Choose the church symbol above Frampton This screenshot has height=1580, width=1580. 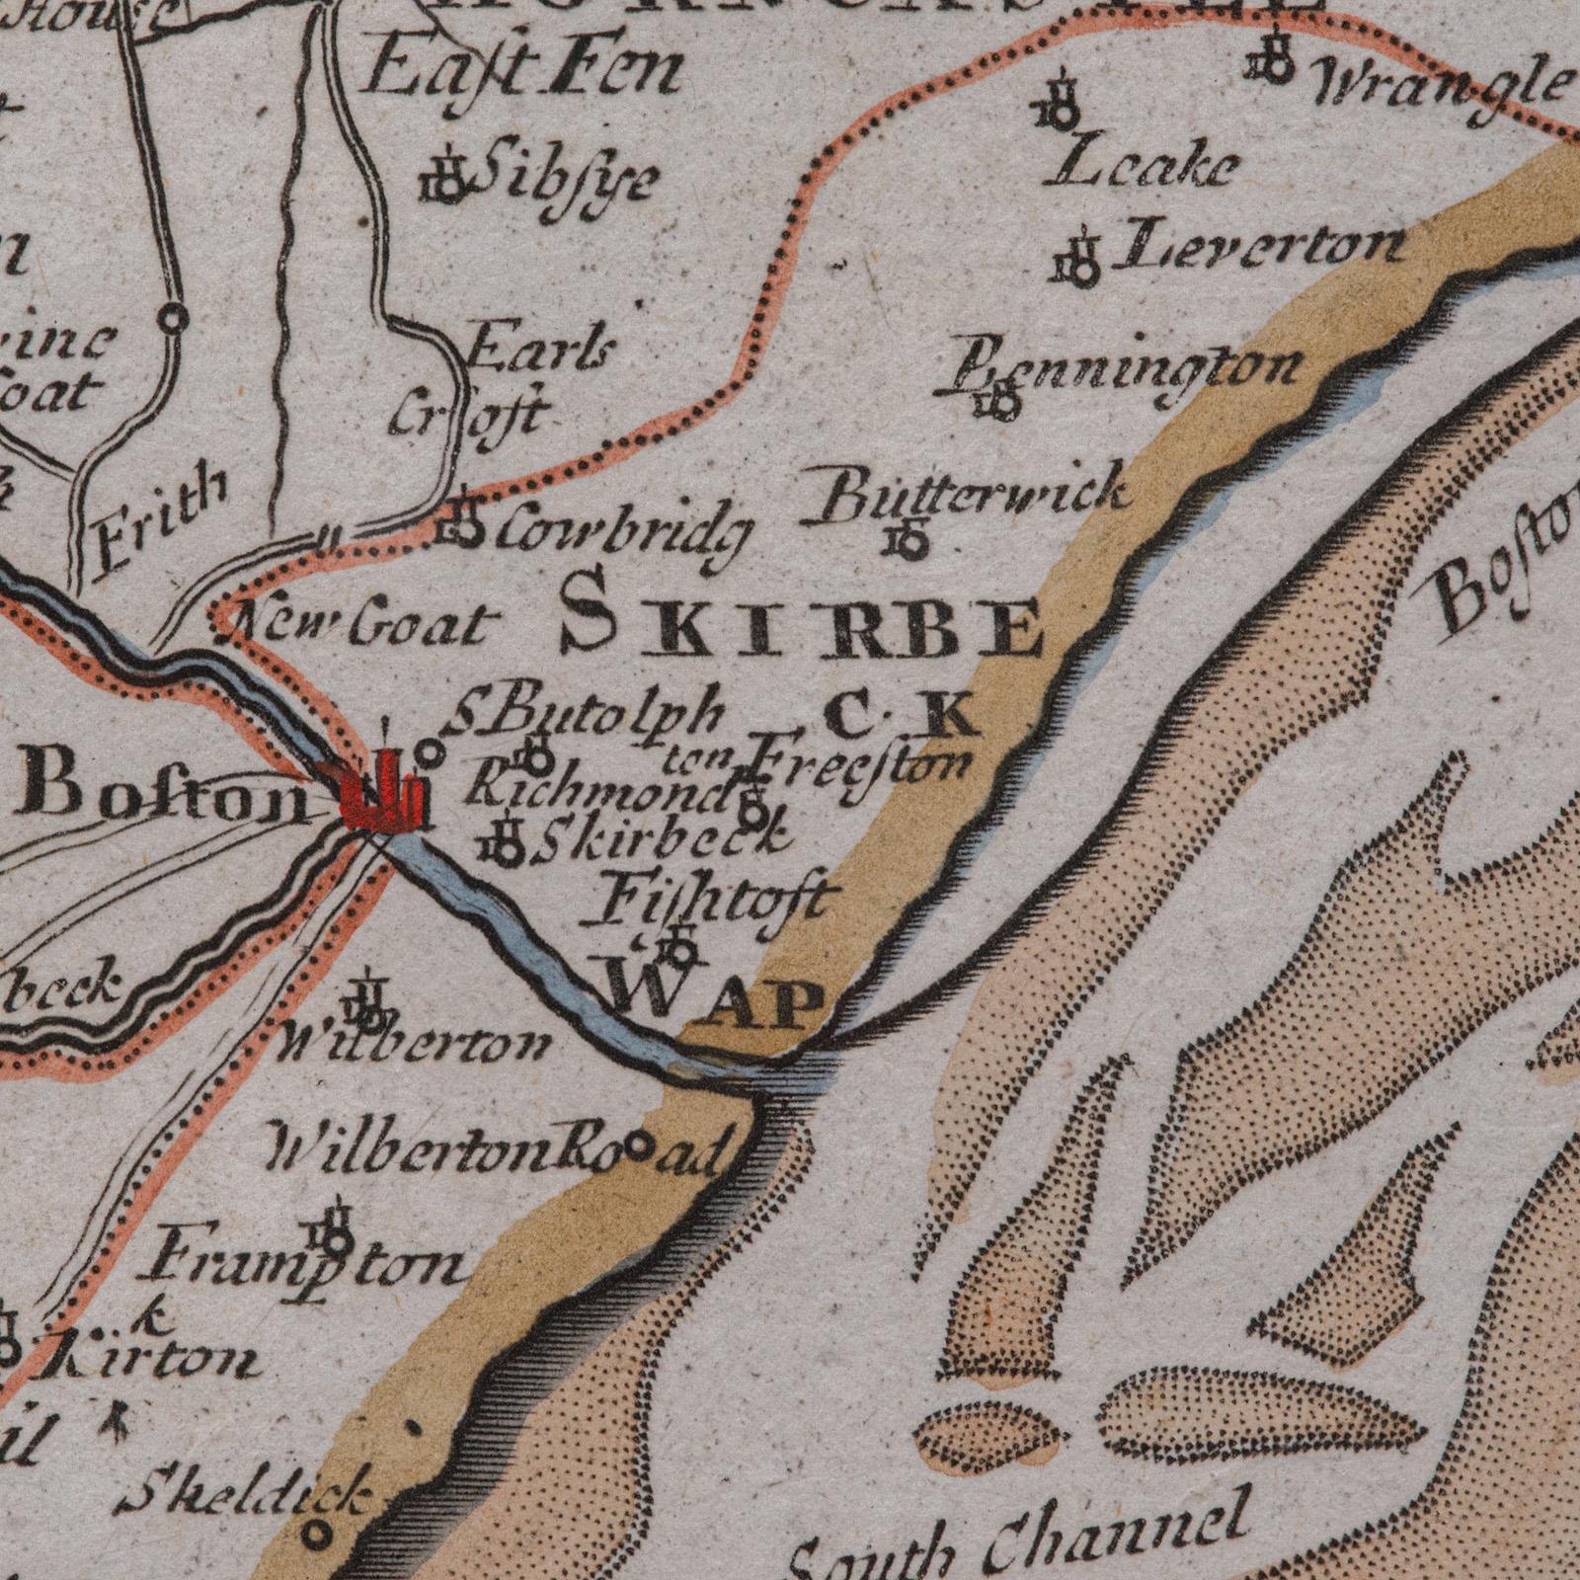click(337, 1228)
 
